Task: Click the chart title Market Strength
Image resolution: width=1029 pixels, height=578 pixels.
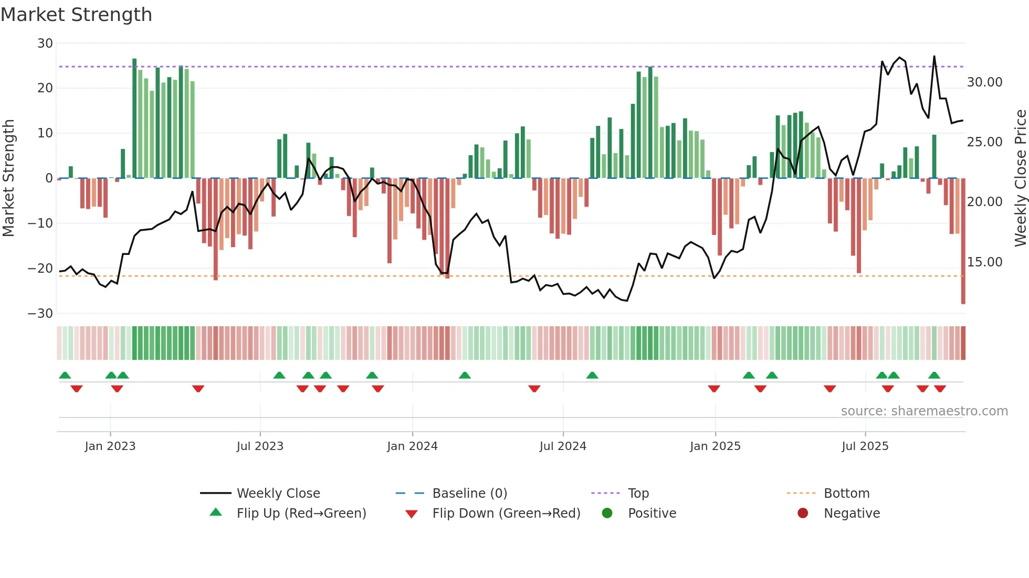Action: coord(76,15)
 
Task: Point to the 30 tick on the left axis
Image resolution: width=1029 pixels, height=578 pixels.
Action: coord(45,44)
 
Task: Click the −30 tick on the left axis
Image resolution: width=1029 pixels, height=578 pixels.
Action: coord(40,314)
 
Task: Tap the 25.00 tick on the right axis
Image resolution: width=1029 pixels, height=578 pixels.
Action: coord(984,142)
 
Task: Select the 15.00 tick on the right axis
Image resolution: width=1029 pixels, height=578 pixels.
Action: coord(984,262)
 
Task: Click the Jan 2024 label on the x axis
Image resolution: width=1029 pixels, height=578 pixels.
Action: coord(412,446)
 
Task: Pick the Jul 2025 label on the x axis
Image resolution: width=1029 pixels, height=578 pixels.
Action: coord(865,446)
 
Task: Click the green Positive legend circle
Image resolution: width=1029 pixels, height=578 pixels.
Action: coord(607,513)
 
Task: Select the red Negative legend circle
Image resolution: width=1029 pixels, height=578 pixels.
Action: coord(802,513)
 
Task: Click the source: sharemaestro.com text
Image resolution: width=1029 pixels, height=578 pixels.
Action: coord(924,411)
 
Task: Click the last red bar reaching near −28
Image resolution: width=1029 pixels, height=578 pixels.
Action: coord(963,241)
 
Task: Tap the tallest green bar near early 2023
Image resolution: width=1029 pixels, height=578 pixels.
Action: coord(134,118)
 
